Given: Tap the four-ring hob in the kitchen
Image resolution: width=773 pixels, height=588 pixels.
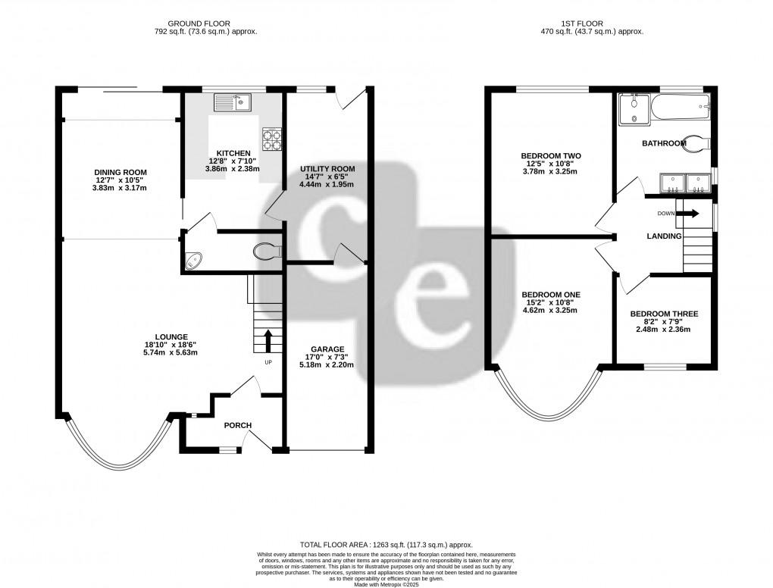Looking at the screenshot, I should point(271,139).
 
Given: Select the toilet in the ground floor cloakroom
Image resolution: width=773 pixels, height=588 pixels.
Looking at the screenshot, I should point(265,252).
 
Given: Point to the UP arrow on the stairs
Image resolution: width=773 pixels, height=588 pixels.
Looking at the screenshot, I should point(267,341).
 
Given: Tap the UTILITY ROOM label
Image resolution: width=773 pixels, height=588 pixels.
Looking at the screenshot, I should point(327,168).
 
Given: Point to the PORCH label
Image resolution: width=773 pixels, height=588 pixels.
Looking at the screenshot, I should point(237,425).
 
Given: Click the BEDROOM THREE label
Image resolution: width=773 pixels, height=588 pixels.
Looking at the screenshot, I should point(664,314).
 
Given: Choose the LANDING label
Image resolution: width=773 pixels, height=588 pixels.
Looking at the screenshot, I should point(664,236).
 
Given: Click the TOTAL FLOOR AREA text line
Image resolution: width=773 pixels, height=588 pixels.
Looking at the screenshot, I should point(386,544).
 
